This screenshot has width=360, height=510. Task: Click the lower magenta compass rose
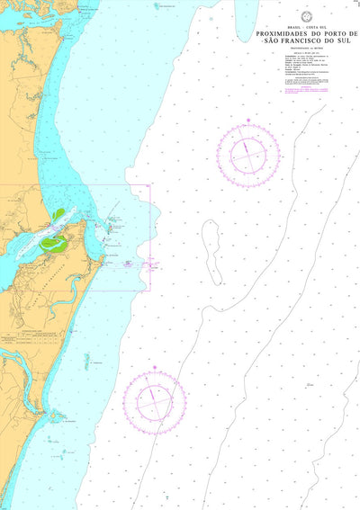[x=155, y=398]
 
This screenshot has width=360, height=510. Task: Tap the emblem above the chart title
[x=306, y=18]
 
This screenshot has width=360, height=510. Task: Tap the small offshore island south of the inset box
[x=87, y=361]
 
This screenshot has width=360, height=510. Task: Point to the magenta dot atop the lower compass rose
[x=155, y=367]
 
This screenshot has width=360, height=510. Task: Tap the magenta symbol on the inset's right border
[x=151, y=264]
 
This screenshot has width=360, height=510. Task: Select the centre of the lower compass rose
[x=155, y=398]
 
